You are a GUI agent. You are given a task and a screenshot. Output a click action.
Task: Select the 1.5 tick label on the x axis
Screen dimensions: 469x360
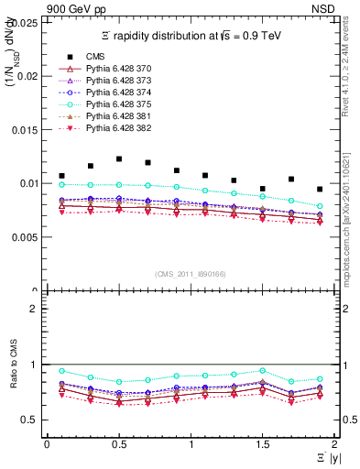262,444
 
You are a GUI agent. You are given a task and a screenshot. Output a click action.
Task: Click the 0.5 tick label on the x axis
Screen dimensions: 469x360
118,444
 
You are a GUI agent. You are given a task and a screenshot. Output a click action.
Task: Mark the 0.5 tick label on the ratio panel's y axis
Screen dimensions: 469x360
29,420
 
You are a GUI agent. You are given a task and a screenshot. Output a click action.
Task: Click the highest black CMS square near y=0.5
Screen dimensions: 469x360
119,158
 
